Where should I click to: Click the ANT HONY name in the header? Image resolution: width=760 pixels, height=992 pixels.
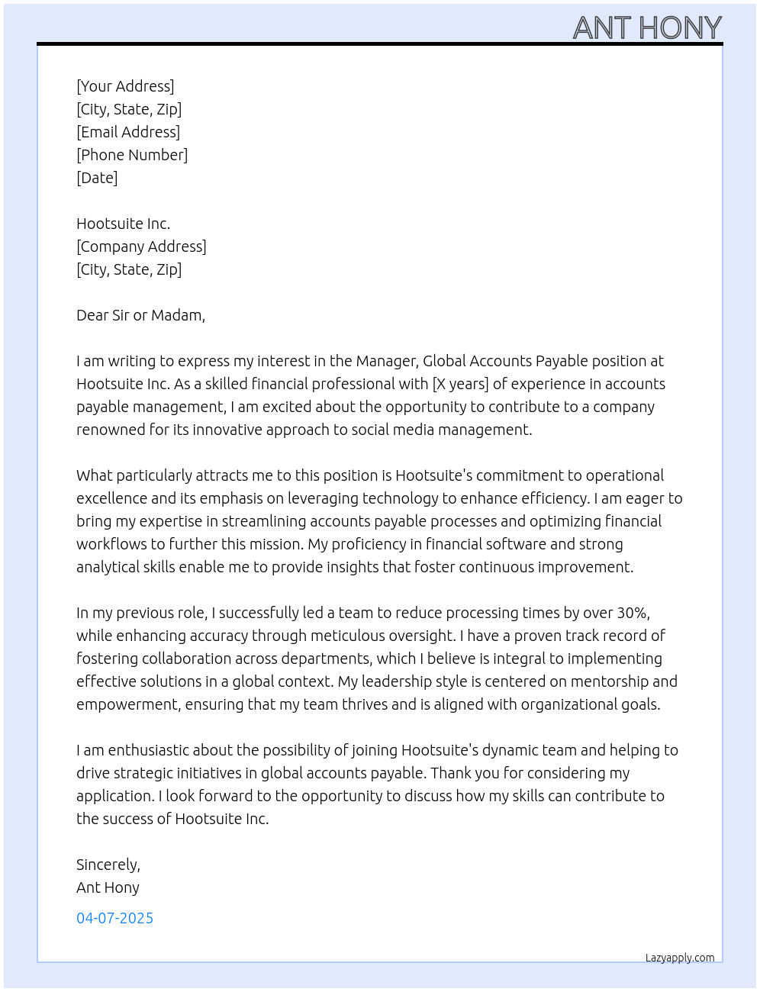647,28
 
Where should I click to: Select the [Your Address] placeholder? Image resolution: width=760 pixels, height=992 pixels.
125,86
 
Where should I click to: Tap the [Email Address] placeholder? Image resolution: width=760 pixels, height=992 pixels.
128,132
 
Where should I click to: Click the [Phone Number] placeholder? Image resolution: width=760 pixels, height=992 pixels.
132,155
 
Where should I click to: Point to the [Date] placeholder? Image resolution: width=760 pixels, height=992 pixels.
97,178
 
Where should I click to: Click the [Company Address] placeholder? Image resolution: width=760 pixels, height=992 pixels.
141,246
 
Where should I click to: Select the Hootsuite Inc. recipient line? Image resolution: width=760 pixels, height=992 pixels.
123,224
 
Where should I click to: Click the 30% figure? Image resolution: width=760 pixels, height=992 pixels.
633,613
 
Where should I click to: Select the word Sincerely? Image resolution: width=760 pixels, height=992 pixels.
108,865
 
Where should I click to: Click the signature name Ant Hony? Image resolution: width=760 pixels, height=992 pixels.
108,887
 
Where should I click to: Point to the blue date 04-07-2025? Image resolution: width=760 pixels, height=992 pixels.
114,918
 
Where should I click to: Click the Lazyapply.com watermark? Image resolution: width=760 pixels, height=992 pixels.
680,958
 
